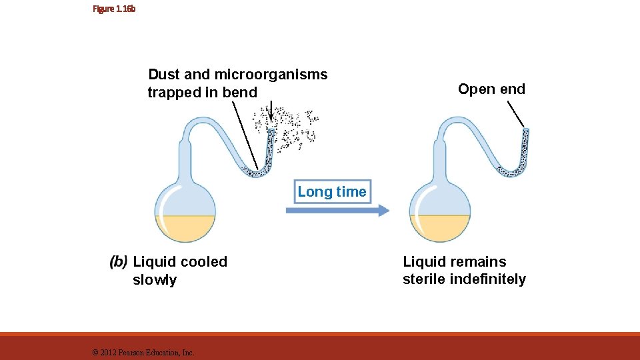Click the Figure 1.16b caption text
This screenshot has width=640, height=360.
tap(114, 9)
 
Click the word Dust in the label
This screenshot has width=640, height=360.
tap(163, 75)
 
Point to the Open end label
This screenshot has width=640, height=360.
tap(491, 89)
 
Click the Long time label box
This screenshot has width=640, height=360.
tap(331, 192)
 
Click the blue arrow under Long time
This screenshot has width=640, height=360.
tap(337, 210)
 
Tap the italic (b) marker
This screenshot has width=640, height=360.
tap(119, 262)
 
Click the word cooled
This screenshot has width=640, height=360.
tap(204, 262)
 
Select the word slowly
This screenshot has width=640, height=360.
tap(155, 280)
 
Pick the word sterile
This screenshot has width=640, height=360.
tap(424, 279)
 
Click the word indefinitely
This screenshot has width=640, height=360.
tap(488, 279)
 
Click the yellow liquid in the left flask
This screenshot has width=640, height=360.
tap(185, 229)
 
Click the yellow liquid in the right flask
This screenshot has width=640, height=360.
tap(440, 229)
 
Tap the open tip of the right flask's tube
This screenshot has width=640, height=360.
tap(525, 131)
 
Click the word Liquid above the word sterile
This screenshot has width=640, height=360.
tap(424, 262)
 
